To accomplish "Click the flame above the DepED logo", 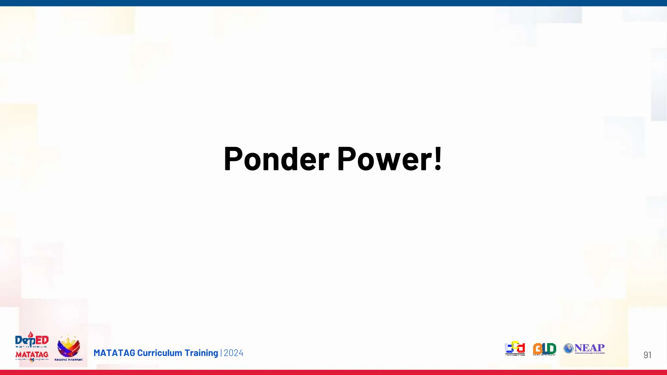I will click(x=31, y=334).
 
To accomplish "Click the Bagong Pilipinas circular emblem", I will click(x=68, y=347).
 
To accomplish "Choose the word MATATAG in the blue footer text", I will click(x=114, y=353).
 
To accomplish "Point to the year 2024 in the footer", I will click(x=234, y=353).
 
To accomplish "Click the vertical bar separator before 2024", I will click(x=221, y=353).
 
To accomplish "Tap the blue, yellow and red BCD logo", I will click(x=515, y=348).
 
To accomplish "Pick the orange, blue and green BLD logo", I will click(x=545, y=349).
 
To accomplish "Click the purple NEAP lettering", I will click(x=589, y=348).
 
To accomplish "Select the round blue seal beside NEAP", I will click(x=568, y=348).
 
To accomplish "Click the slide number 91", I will click(x=647, y=355).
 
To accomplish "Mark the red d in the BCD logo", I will click(x=521, y=348).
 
